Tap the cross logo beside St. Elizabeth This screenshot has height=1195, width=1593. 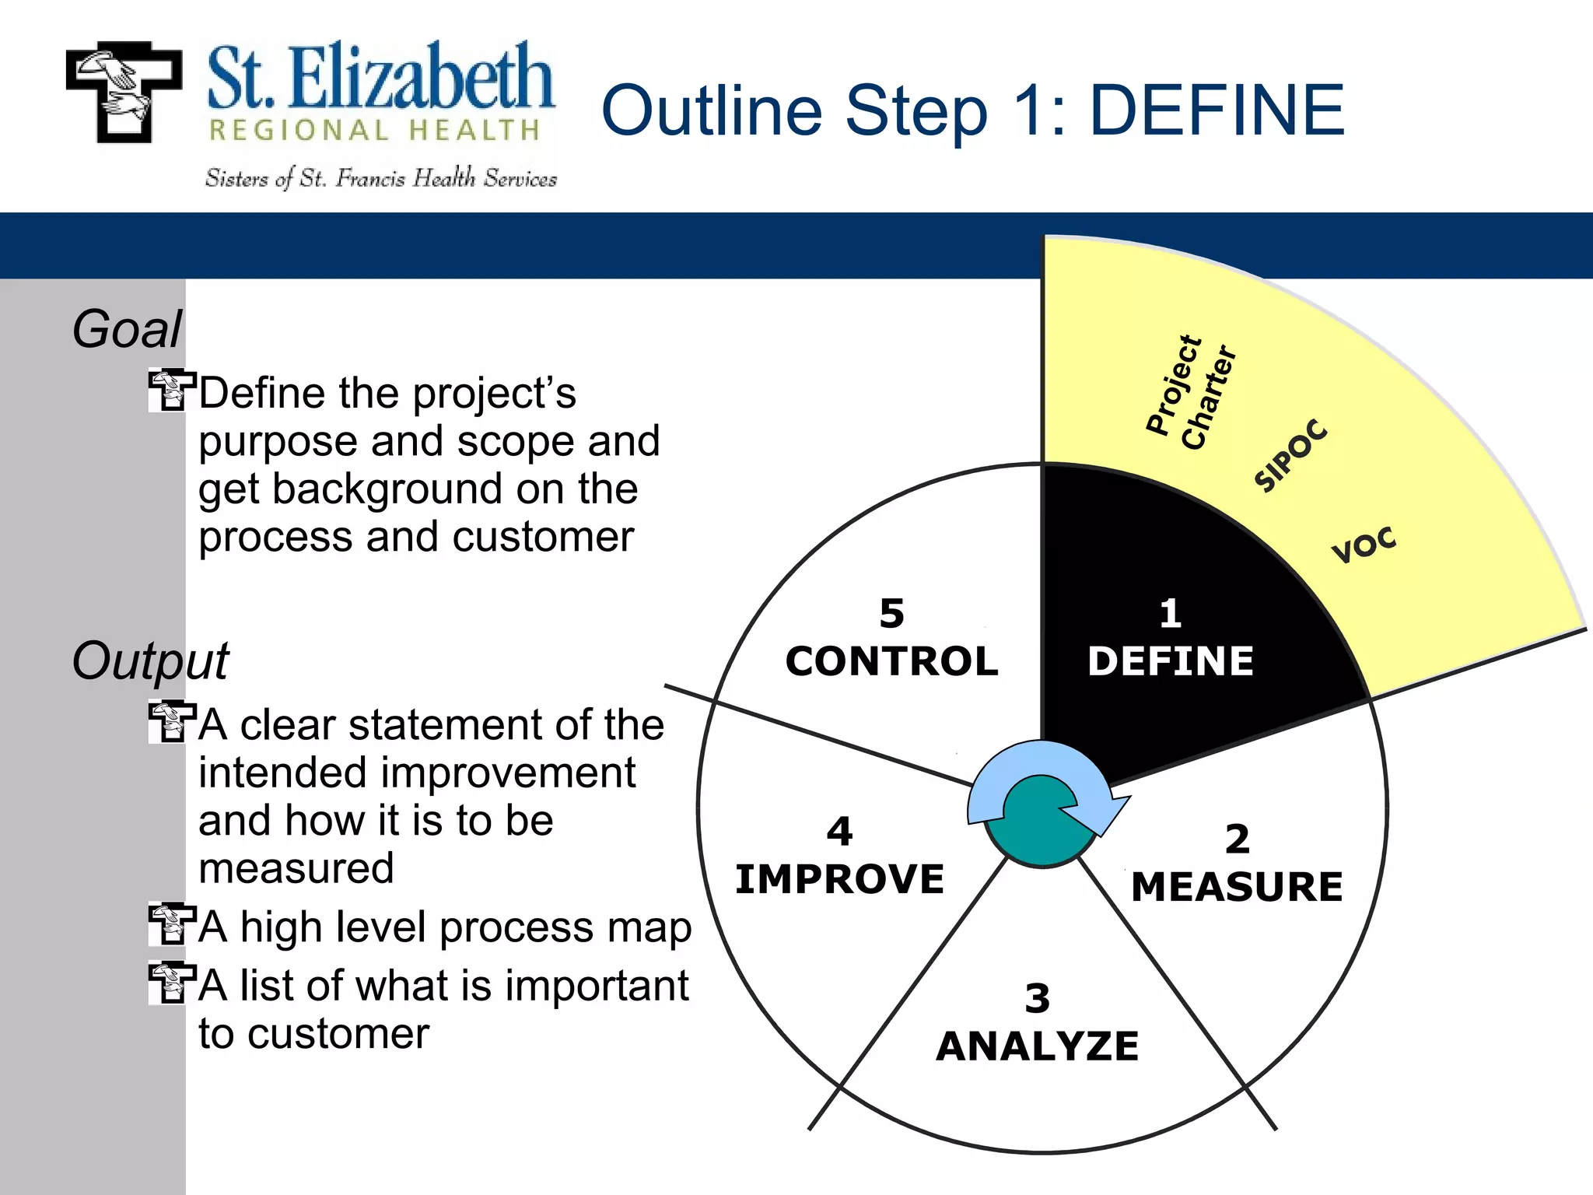click(x=124, y=92)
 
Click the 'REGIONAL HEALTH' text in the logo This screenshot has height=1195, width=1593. click(x=375, y=130)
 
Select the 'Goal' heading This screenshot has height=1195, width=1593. click(x=127, y=329)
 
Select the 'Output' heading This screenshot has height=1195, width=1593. click(x=150, y=661)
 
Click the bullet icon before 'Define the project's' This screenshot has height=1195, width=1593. click(x=169, y=391)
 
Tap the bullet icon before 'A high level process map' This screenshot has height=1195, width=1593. click(x=169, y=924)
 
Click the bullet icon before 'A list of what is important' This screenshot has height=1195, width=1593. click(x=169, y=983)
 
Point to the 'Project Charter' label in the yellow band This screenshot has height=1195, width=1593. click(x=1191, y=393)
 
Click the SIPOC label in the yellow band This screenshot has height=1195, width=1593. click(x=1290, y=455)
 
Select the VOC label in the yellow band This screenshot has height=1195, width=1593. click(x=1364, y=545)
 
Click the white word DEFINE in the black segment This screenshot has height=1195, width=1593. click(x=1171, y=661)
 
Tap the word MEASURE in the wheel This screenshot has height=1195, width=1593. click(x=1237, y=887)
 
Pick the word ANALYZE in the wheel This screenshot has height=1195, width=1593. click(x=1038, y=1046)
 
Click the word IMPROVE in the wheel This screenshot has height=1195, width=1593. click(x=839, y=879)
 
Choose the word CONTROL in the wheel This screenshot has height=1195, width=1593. click(x=891, y=661)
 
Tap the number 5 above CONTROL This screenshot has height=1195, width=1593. click(x=891, y=614)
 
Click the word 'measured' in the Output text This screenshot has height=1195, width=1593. click(x=296, y=868)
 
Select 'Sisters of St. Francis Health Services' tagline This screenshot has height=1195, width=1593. click(x=381, y=179)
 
